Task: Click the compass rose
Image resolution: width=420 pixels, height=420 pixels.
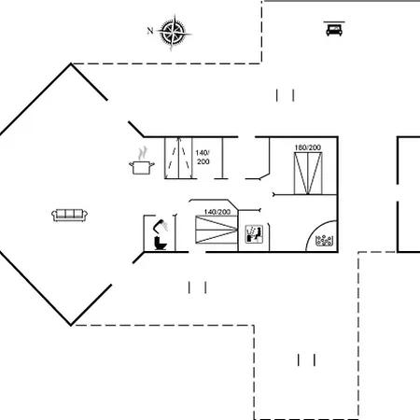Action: click(174, 32)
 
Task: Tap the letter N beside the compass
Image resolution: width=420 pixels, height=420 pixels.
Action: click(150, 31)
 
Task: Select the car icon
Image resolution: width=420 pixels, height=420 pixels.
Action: click(334, 30)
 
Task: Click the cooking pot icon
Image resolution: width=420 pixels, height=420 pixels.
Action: click(142, 167)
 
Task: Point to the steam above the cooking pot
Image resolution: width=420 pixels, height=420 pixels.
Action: click(143, 153)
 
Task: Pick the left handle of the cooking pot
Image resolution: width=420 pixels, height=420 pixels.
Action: click(131, 164)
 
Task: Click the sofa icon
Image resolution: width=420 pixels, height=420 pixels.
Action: click(69, 215)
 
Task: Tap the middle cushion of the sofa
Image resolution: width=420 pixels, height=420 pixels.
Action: click(69, 214)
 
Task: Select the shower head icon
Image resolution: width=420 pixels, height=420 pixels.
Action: click(161, 226)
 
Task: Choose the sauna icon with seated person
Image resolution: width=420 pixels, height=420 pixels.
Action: click(254, 234)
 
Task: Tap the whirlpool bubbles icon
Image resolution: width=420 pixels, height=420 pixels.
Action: click(324, 241)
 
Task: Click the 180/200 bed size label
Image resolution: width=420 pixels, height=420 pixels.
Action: click(308, 147)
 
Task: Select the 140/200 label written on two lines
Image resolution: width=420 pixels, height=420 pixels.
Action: click(203, 157)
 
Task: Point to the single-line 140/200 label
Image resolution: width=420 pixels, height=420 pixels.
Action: click(217, 212)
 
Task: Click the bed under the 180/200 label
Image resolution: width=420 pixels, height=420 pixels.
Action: click(308, 174)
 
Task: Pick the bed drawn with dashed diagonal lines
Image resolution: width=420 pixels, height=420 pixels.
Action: click(178, 158)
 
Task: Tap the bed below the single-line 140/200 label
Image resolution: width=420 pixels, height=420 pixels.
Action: click(217, 230)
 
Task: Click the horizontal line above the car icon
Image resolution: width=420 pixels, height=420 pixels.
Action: click(334, 21)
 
